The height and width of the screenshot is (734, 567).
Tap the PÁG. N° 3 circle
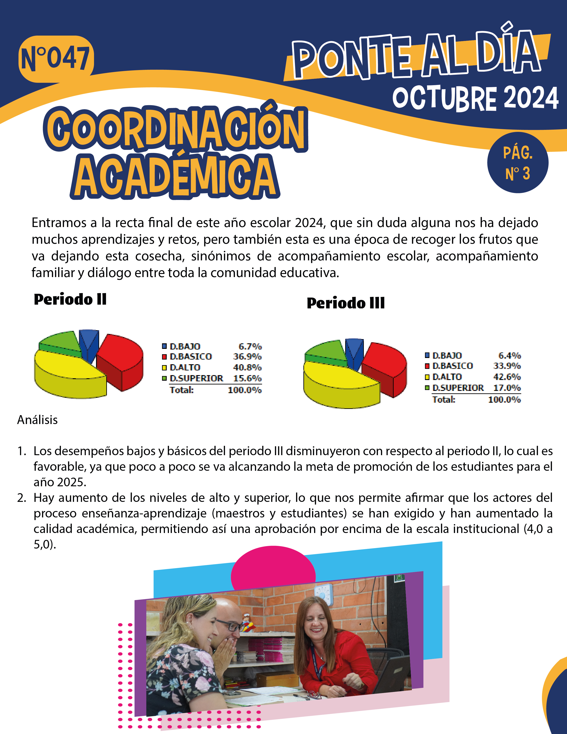518,163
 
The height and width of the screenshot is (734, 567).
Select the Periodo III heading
346,303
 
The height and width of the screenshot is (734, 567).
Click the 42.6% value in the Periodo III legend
507,377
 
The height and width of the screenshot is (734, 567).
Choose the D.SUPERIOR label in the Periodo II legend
196,378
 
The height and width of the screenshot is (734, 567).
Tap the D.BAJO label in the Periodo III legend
447,356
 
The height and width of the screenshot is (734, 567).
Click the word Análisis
37,420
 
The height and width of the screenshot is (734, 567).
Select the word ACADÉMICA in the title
175,177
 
